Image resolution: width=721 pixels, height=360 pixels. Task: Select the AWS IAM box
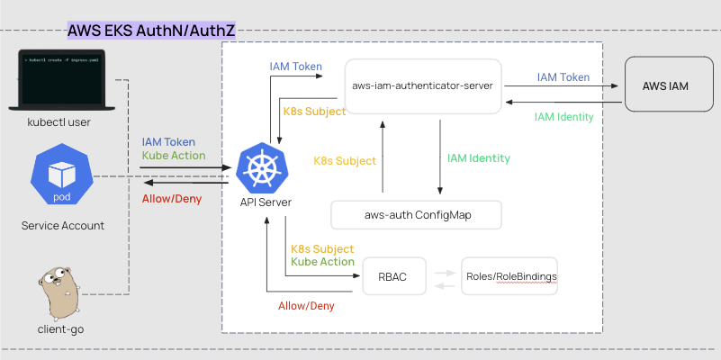pos(667,85)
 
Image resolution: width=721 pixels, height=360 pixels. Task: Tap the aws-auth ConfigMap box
pos(416,215)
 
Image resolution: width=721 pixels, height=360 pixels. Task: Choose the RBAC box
pos(392,276)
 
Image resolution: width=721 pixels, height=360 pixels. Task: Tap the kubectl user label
pos(59,121)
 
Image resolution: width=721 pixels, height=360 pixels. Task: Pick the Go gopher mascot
pos(61,291)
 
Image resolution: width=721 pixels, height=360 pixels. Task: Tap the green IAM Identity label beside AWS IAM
pos(563,117)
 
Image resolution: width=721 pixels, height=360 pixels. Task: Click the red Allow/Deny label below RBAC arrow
pos(306,306)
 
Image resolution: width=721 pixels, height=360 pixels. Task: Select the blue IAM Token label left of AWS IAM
pos(563,77)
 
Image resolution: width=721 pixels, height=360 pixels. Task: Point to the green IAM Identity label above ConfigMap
pos(479,158)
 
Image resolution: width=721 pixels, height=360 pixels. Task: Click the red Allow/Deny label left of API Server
pos(169,197)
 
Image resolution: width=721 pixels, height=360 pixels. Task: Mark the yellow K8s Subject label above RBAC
pos(322,248)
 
